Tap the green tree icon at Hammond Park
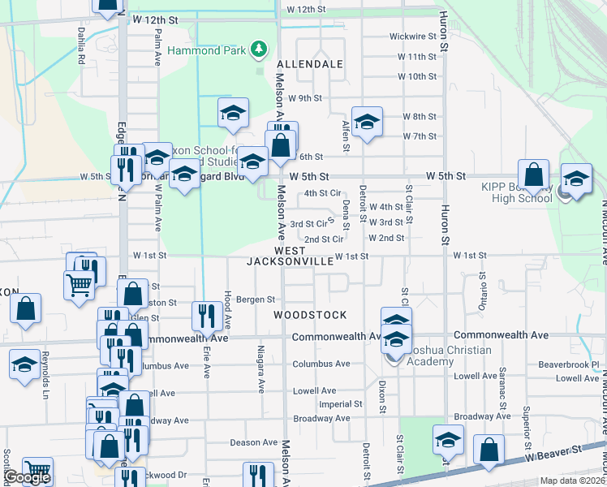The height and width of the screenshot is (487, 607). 259,50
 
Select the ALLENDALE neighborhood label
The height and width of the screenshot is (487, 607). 309,63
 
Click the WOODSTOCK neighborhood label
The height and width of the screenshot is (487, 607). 310,315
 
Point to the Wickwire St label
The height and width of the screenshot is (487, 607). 413,37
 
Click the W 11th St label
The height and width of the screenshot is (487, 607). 417,57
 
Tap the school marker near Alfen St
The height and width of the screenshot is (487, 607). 367,122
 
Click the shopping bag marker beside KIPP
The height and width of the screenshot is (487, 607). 534,175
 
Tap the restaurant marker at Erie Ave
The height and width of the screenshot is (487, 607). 206,316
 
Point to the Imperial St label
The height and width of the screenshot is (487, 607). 340,403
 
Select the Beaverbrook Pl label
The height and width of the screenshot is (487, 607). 572,364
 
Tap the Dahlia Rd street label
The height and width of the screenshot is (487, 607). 81,48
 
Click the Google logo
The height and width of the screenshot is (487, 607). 27,478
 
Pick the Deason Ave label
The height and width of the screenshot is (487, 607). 253,442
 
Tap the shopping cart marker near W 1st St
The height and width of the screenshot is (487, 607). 78,284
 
